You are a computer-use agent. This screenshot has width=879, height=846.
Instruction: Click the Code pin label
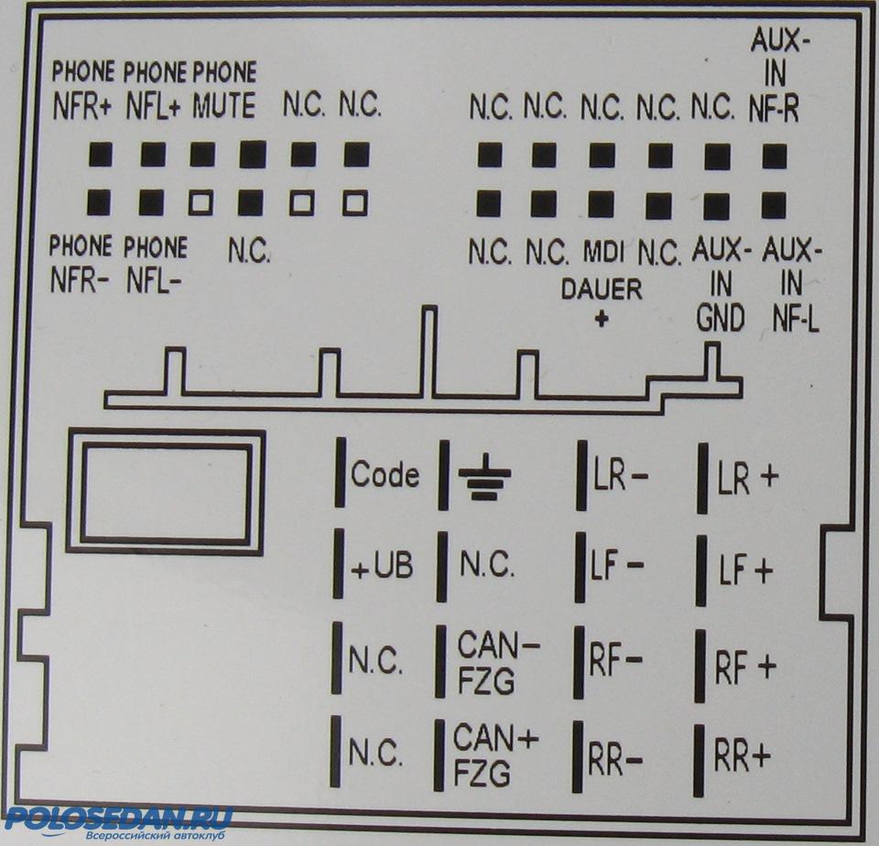point(385,475)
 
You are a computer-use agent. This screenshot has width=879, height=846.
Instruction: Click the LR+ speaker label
point(747,477)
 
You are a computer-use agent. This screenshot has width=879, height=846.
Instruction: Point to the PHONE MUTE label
point(224,90)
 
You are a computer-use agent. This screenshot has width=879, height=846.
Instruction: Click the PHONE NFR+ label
point(82,90)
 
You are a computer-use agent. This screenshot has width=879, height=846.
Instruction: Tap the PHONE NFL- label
point(154,263)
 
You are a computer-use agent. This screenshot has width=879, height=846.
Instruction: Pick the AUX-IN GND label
point(721,284)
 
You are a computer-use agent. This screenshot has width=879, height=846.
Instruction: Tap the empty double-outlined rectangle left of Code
point(166,493)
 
